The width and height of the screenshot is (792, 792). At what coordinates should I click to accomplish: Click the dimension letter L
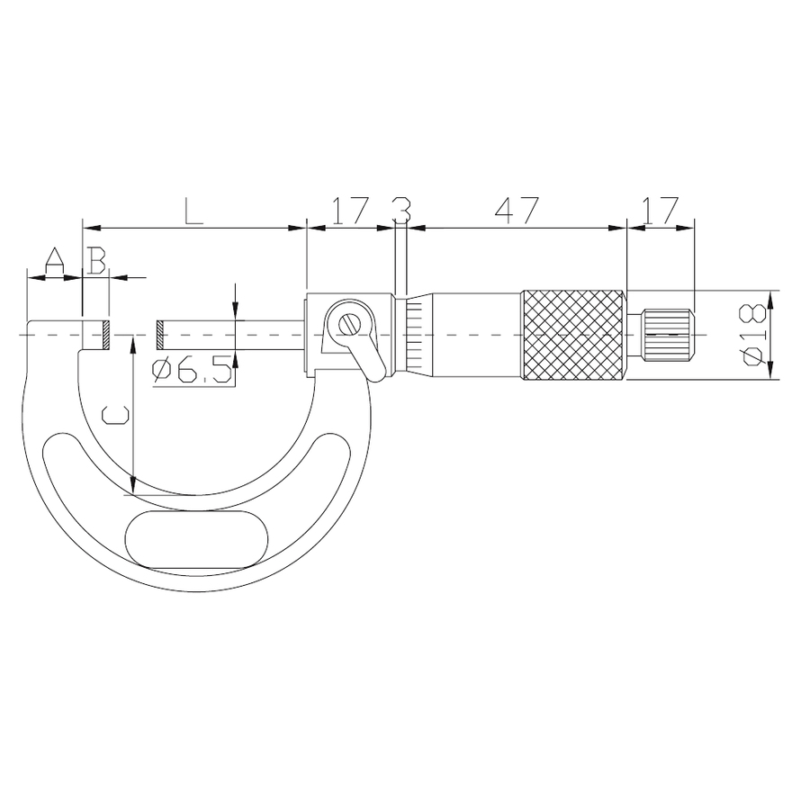pyautogui.click(x=194, y=211)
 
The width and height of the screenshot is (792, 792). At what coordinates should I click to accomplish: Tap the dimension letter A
pyautogui.click(x=55, y=260)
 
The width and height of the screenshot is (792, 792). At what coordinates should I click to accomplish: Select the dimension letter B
pyautogui.click(x=96, y=260)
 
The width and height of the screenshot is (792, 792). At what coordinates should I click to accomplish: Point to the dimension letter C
pyautogui.click(x=115, y=415)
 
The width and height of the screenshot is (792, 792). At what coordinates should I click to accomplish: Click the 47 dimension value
pyautogui.click(x=517, y=211)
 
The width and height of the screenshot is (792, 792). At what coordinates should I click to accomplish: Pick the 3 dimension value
pyautogui.click(x=401, y=211)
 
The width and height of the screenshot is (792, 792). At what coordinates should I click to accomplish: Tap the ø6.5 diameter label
pyautogui.click(x=192, y=370)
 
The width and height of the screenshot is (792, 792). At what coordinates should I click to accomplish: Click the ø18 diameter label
pyautogui.click(x=752, y=335)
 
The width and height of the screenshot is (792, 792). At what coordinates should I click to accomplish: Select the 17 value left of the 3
pyautogui.click(x=348, y=211)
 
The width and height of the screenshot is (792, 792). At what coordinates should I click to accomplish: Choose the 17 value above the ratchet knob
pyautogui.click(x=660, y=211)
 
